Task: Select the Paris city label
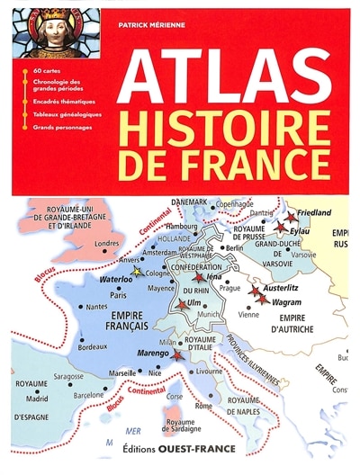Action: click(x=117, y=293)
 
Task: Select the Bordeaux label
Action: click(x=93, y=346)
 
